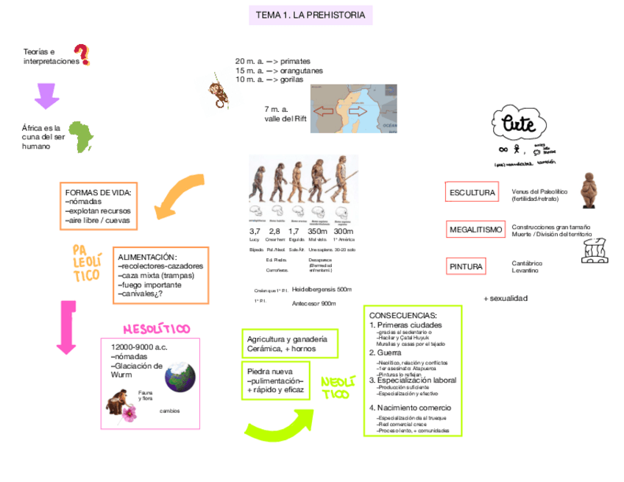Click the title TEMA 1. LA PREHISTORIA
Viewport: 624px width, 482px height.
(310, 15)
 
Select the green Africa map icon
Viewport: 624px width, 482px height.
(82, 137)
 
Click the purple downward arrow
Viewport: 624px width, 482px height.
(46, 95)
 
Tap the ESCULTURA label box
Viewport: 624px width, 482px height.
(472, 193)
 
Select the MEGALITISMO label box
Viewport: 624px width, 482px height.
(475, 230)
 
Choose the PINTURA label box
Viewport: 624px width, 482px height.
(466, 266)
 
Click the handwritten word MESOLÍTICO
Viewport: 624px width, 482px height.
(156, 329)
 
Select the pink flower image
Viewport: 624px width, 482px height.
(130, 412)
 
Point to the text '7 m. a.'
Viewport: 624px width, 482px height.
(276, 109)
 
